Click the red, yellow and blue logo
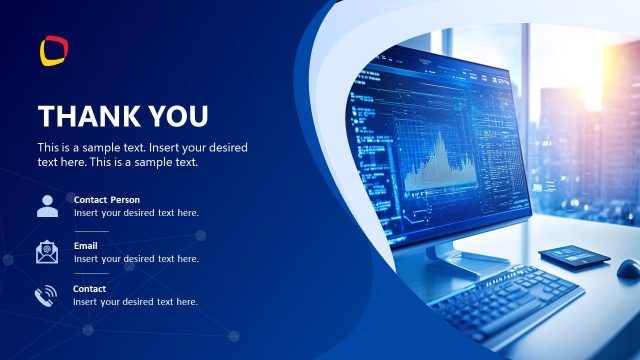54,49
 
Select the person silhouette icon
47,206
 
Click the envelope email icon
47,252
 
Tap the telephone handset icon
46,296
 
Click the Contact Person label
107,200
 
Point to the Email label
86,245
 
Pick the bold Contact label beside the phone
90,289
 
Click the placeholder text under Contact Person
136,213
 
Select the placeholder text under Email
136,258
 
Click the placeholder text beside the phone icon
136,302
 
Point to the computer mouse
628,268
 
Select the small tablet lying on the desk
574,256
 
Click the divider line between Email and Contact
91,273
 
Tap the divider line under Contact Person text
91,229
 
